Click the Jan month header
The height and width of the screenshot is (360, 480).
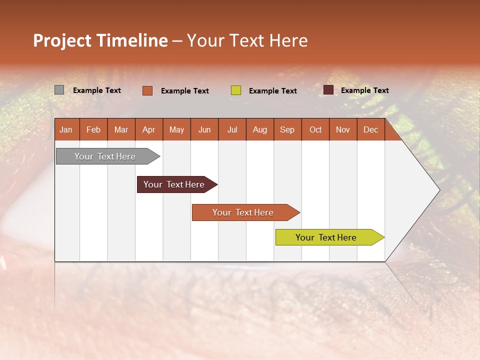point(66,129)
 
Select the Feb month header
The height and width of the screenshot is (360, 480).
point(93,129)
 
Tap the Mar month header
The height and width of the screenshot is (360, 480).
point(121,129)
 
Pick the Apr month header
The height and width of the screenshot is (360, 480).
point(149,129)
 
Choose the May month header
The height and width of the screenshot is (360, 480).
point(176,129)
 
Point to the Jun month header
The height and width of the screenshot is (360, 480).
point(204,129)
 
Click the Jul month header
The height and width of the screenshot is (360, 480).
point(232,129)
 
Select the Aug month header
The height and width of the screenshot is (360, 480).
point(260,129)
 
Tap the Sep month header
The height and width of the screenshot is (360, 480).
point(287,129)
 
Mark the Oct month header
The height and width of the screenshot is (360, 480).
point(315,129)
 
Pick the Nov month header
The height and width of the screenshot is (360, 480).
point(343,129)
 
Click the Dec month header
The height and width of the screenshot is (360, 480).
point(371,129)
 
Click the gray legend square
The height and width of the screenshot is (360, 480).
point(59,90)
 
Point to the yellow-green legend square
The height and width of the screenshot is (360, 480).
point(236,90)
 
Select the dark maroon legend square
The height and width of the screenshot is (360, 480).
point(328,90)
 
